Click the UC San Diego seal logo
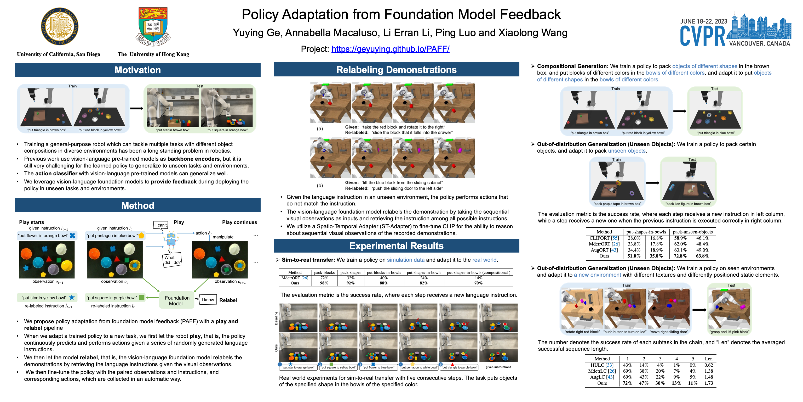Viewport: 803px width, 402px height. pos(60,26)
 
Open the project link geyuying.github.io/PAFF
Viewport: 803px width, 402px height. pos(390,49)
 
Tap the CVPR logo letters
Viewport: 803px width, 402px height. pos(703,36)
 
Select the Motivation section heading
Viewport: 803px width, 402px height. pos(137,70)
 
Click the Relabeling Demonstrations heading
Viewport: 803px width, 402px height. pos(396,70)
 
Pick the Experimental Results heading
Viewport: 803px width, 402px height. pos(396,246)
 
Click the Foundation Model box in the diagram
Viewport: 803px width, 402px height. pos(177,300)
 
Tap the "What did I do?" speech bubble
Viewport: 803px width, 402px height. pos(172,260)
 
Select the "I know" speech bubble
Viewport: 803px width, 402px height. pos(208,300)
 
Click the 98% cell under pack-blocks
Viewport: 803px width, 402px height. pos(324,283)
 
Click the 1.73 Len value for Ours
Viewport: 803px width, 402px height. pos(709,383)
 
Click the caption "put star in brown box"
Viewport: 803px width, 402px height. pos(173,130)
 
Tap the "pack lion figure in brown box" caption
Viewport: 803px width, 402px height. pos(688,204)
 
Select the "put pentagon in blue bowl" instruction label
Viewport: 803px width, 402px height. pos(112,236)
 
